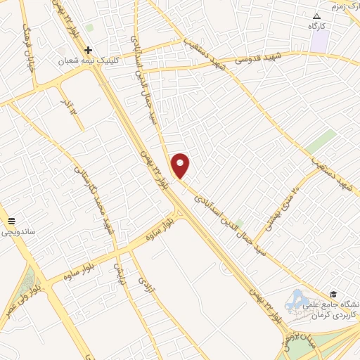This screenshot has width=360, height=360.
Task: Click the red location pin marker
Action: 181,165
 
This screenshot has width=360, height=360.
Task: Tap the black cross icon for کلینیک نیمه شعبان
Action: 88,50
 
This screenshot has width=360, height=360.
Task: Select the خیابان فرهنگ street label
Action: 27,43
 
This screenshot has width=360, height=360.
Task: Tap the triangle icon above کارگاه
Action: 316,15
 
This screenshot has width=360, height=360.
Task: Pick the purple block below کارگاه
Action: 320,40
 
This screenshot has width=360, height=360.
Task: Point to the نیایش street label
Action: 120,266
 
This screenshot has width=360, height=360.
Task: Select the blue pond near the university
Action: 296,300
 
